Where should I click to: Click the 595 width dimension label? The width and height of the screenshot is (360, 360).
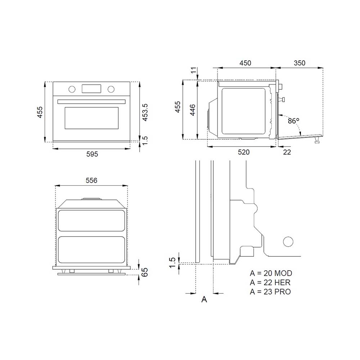point(92,154)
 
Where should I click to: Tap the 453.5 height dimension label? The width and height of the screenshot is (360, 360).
point(145,112)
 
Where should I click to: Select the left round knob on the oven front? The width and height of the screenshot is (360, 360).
point(72,89)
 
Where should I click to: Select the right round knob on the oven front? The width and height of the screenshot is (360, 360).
point(111,89)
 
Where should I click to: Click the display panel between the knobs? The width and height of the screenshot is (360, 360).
point(91,89)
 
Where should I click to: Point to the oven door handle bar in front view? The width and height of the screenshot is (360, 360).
point(91,102)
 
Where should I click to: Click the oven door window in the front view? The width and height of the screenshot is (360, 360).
point(91,118)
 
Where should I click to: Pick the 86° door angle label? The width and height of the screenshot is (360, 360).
point(294,121)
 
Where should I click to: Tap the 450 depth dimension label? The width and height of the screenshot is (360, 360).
point(245,63)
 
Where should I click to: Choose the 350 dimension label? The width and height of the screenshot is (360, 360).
point(300,63)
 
